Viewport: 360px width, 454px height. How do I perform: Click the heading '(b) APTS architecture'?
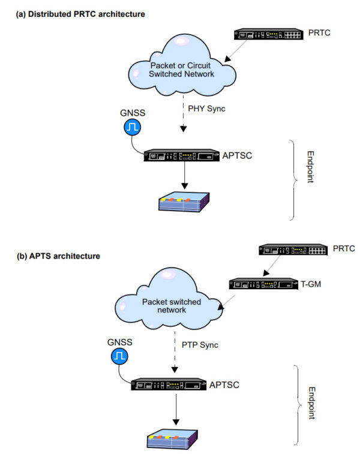(x=58, y=256)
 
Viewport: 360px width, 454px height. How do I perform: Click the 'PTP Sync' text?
(x=200, y=345)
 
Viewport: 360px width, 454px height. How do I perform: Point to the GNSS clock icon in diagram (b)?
(x=118, y=357)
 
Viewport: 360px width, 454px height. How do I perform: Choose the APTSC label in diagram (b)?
(x=223, y=383)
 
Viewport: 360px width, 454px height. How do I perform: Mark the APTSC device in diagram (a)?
(x=184, y=155)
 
